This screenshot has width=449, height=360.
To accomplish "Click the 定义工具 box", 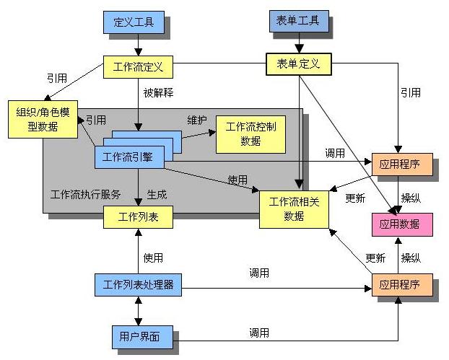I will coord(134,22).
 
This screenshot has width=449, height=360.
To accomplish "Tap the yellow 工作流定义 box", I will coord(138,68).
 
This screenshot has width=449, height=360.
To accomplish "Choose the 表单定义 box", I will coord(298,64).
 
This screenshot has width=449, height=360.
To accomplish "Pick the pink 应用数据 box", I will coord(402,224).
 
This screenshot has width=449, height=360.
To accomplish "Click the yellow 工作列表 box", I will coord(138,216).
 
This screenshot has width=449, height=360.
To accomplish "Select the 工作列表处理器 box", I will coord(138,284).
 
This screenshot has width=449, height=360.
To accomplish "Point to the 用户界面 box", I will coord(136,335).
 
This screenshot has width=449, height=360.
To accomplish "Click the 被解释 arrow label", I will coord(158,93).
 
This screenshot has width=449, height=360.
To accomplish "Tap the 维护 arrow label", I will coord(197,120).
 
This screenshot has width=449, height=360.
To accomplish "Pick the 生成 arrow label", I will coord(157,193).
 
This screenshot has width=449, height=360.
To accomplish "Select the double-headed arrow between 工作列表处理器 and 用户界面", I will coord(137,310).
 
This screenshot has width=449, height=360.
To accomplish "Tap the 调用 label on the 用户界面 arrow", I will coord(259,332).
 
